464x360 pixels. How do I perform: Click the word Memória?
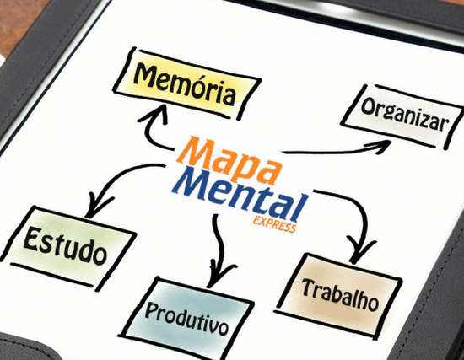(x=185, y=83)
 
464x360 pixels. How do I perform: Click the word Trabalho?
(x=340, y=294)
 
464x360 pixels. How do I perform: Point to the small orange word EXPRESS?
(x=274, y=224)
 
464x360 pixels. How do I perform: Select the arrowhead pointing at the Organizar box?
(x=380, y=146)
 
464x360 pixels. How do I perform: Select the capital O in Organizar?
(x=368, y=106)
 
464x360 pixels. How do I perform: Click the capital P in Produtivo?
(x=152, y=310)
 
